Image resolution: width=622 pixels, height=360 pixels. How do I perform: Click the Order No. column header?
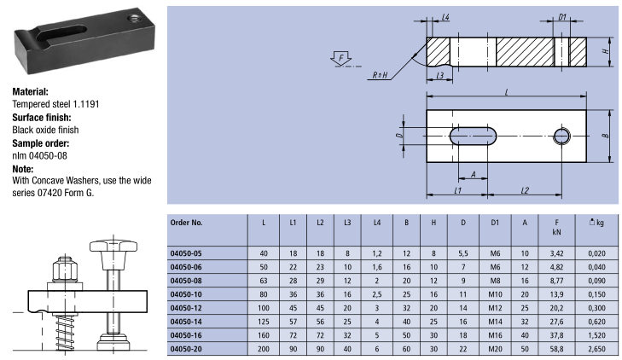[187, 222]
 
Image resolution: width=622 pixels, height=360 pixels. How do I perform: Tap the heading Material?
[31, 91]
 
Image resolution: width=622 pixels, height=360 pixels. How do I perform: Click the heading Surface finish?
[41, 117]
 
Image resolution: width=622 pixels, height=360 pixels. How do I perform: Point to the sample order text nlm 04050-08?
[39, 156]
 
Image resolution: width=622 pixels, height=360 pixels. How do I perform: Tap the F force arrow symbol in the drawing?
[340, 58]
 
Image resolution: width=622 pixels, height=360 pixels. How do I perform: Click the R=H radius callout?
[382, 74]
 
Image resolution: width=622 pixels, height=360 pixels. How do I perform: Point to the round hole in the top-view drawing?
[562, 135]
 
